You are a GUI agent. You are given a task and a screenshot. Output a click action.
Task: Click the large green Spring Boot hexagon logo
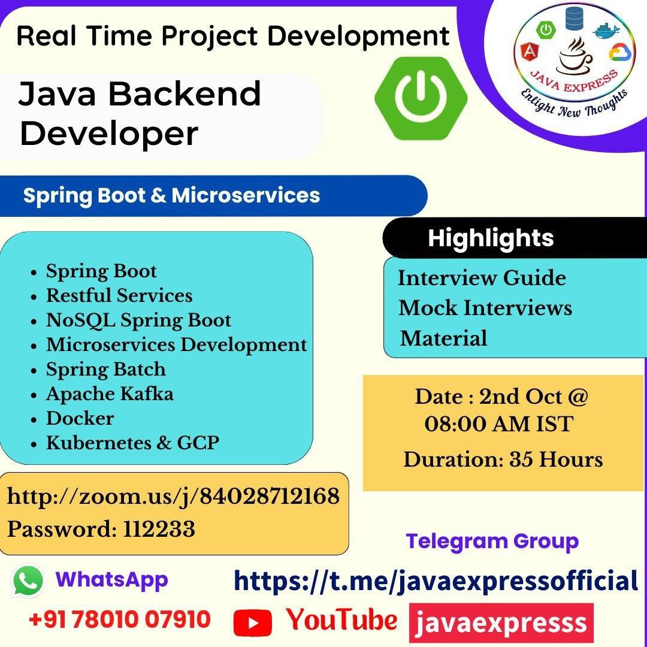(x=421, y=98)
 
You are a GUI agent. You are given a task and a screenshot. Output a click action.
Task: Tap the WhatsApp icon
(x=28, y=581)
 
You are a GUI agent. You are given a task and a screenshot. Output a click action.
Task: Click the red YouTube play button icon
(x=253, y=622)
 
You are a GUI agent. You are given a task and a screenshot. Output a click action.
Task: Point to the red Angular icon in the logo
(x=528, y=52)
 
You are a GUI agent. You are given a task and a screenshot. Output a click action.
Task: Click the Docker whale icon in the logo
(x=606, y=30)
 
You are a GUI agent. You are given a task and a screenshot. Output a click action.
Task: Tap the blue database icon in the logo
(x=573, y=19)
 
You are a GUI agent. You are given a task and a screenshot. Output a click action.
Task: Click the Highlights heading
(x=491, y=238)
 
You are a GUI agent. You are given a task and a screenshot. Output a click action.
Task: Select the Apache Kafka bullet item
(x=110, y=394)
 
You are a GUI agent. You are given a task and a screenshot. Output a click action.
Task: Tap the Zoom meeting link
(x=173, y=496)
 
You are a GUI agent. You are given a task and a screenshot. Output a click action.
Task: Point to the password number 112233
(x=159, y=529)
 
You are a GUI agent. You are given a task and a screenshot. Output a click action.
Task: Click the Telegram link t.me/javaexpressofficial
(x=436, y=581)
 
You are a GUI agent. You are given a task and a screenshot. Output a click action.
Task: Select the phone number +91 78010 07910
(x=120, y=619)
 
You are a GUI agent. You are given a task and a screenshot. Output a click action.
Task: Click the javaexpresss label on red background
(x=501, y=622)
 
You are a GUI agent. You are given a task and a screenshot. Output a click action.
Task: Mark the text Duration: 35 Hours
(x=503, y=459)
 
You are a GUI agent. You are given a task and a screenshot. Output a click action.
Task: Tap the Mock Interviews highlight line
(x=485, y=308)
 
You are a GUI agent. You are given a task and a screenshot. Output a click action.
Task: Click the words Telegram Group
(x=492, y=542)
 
